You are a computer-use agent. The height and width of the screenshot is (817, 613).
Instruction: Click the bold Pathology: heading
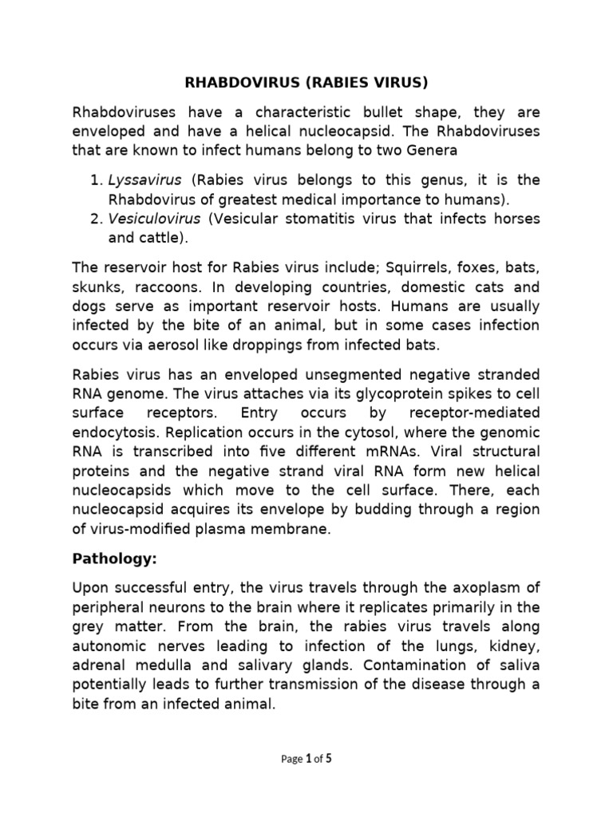113,558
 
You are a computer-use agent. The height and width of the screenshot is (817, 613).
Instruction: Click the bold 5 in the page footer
328,759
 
